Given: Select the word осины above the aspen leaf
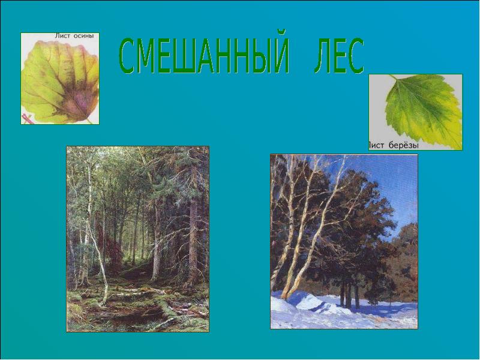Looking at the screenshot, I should coord(83,37).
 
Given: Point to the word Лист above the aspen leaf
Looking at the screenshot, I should coord(62,37).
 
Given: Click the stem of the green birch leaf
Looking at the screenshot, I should coord(394,78).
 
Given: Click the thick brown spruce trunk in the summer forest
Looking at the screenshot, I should coord(193,240).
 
